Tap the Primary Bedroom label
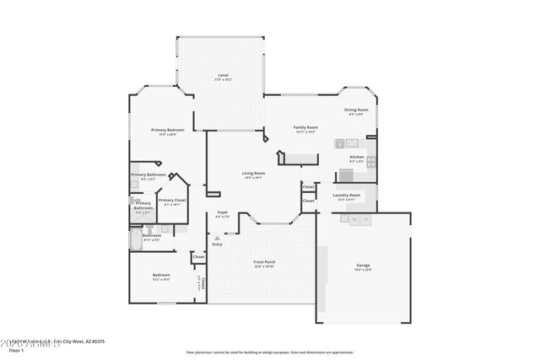(168, 132)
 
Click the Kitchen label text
(357, 158)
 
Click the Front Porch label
(264, 263)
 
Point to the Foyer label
(222, 213)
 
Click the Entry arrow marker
(217, 238)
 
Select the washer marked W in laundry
(354, 219)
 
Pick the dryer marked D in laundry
(367, 219)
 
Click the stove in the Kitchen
(345, 175)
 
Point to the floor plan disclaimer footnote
(269, 352)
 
